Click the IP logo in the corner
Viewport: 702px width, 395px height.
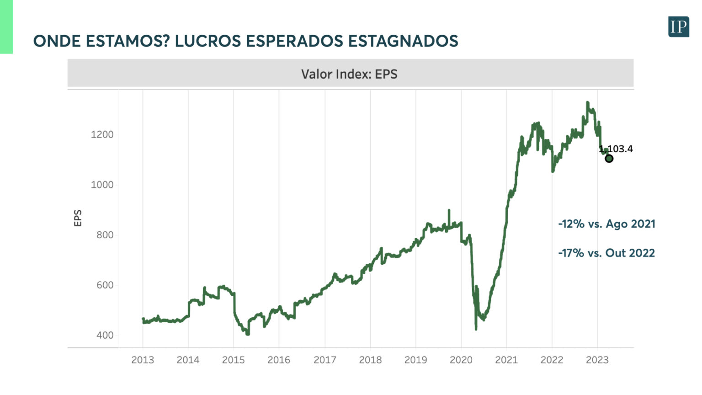tap(678, 27)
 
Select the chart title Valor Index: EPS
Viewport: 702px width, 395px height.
tap(349, 74)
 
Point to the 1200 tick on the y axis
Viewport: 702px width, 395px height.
tap(102, 135)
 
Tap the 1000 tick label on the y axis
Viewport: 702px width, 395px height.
tap(102, 185)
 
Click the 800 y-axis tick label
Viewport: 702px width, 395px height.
tap(105, 235)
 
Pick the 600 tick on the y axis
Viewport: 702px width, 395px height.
tap(105, 285)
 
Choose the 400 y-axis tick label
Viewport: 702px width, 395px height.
tap(105, 335)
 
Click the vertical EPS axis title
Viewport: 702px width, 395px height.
tap(78, 218)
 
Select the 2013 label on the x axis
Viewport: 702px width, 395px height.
tap(143, 360)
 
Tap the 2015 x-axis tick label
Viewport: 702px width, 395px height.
tap(234, 360)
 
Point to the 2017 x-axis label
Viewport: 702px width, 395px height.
tap(325, 360)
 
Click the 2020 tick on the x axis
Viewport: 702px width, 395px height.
tap(461, 360)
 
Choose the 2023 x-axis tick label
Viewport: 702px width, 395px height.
tap(597, 360)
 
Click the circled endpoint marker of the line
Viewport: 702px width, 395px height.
tap(609, 159)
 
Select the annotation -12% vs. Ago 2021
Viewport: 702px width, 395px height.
tap(606, 224)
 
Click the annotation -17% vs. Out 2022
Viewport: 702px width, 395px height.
tap(606, 253)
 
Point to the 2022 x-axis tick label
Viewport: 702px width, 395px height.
tap(552, 360)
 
